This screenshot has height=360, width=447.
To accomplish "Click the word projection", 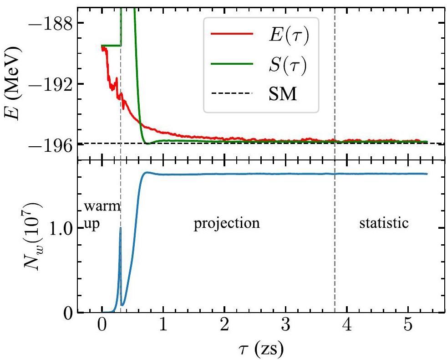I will click(227, 224).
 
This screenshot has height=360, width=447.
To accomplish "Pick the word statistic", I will click(384, 224).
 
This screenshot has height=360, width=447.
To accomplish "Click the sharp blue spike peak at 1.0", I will click(120, 228).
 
